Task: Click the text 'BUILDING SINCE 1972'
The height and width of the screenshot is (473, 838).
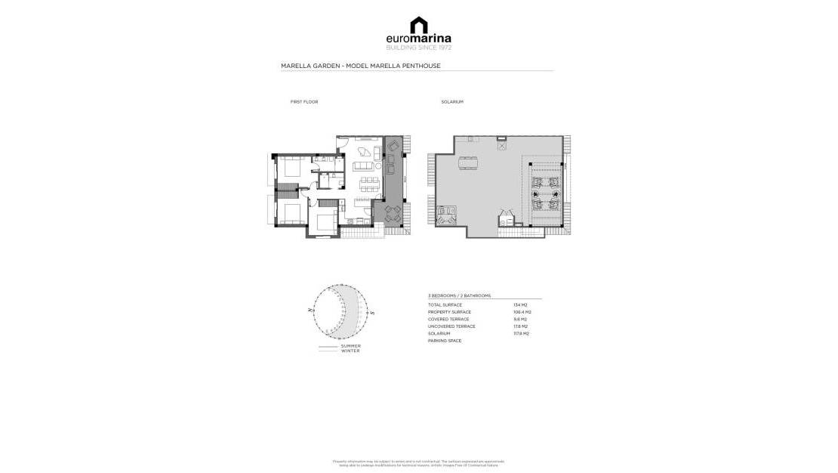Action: pos(418,48)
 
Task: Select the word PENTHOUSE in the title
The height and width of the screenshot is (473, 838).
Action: pos(423,66)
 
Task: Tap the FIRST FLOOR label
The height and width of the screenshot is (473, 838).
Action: pos(304,101)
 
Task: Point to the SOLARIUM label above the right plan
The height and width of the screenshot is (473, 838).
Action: pos(452,101)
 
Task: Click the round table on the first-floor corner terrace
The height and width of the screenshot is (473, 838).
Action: pos(393,213)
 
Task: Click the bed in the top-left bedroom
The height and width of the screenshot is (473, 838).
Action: pos(291,168)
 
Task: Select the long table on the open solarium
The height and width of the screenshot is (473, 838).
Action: pos(467,161)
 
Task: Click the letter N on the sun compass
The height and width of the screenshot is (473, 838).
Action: pos(311,310)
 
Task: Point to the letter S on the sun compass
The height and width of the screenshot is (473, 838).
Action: pos(373,311)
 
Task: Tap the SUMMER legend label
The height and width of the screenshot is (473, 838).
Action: pos(350,346)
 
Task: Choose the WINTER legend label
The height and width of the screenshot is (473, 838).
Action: pos(350,351)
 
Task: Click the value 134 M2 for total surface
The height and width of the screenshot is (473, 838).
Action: pos(519,305)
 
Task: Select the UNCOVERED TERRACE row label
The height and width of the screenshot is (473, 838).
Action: pos(451,326)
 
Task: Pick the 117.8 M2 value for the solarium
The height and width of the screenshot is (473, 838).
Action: pos(521,333)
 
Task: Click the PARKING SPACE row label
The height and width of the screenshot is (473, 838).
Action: pos(445,341)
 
